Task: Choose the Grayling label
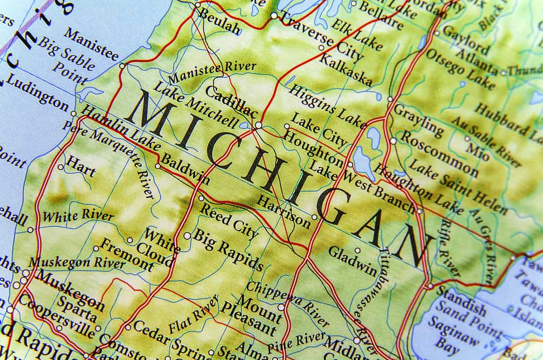click(418, 120)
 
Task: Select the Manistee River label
click(212, 70)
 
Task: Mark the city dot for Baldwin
click(157, 166)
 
